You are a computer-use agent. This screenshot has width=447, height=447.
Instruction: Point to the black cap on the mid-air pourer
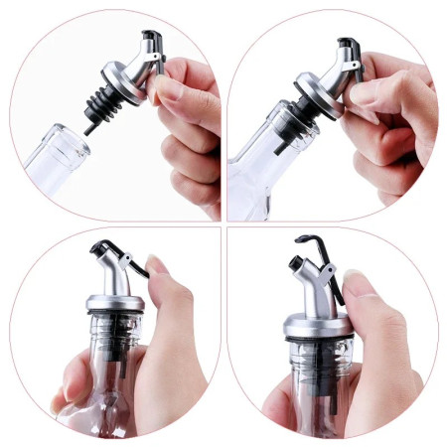(151, 40)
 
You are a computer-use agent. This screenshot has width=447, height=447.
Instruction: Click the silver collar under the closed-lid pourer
(113, 302)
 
